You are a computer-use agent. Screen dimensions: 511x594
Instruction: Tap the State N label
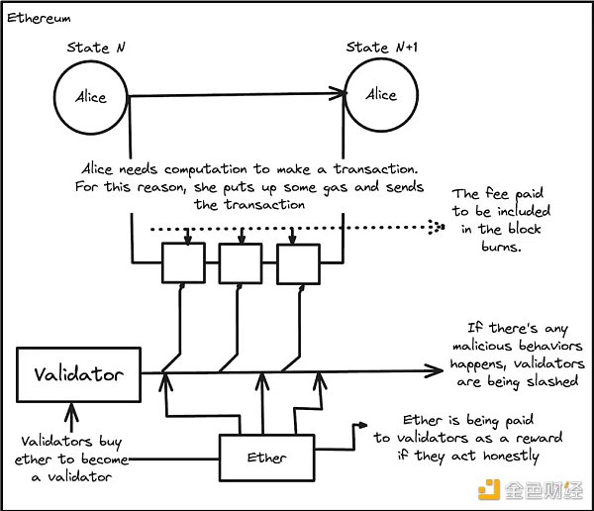tap(95, 48)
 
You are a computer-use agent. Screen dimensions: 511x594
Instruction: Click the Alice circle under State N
tap(91, 97)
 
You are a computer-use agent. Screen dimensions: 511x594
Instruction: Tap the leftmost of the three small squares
tap(180, 262)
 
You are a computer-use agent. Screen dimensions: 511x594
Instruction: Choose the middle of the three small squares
tap(238, 262)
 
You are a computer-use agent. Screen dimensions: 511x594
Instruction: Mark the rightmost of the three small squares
tap(296, 262)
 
